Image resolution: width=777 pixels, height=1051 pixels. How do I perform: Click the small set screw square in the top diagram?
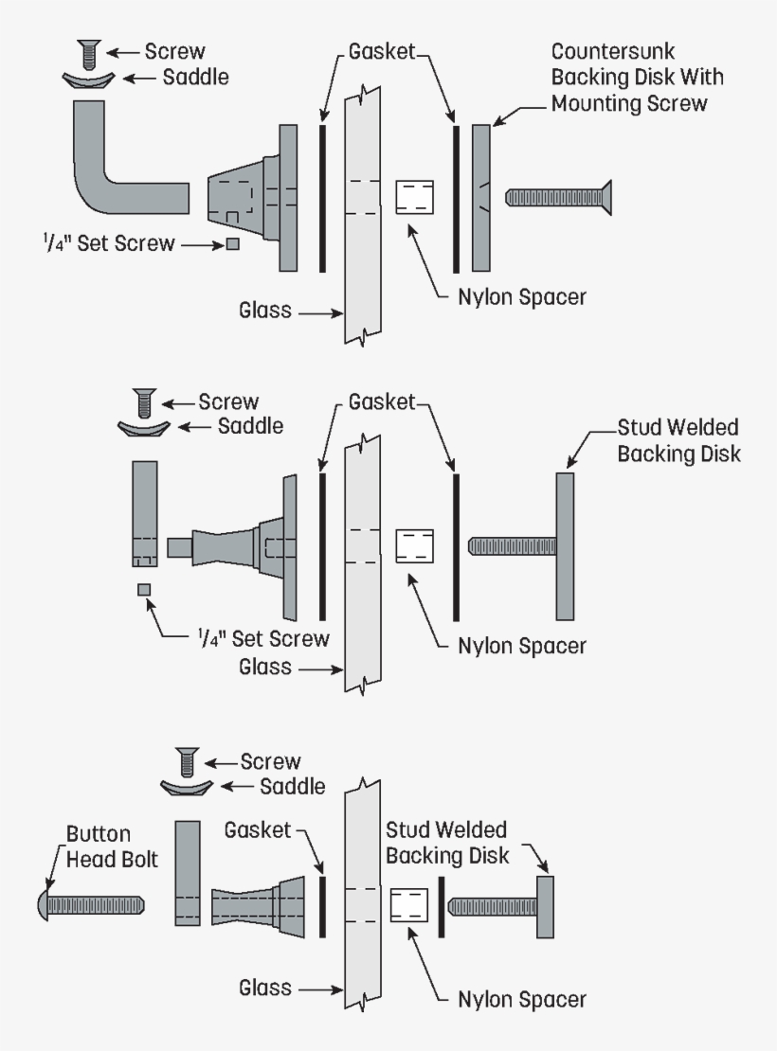(x=233, y=244)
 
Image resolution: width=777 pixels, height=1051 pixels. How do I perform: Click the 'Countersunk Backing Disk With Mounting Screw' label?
(x=628, y=77)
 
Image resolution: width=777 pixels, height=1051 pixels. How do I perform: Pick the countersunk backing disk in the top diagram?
(x=481, y=197)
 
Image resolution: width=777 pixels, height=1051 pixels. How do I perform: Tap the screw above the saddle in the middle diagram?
(x=144, y=402)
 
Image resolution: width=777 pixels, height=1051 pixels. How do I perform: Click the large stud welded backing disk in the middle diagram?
(x=565, y=546)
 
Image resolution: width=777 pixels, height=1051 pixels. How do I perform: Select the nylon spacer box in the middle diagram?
(x=414, y=546)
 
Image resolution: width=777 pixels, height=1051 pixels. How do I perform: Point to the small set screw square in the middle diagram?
(x=144, y=590)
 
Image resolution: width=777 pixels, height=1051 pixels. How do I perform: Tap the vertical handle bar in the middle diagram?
(x=145, y=512)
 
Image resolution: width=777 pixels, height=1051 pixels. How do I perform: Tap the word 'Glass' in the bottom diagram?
(x=265, y=989)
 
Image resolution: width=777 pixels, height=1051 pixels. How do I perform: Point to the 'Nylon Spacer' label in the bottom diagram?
(x=521, y=999)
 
